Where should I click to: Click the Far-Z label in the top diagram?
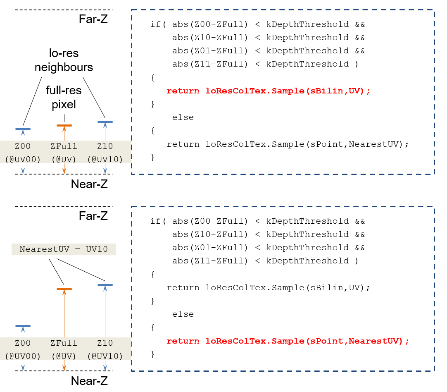pyautogui.click(x=93, y=19)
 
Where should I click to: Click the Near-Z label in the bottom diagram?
pyautogui.click(x=89, y=381)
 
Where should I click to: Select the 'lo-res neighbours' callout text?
pyautogui.click(x=64, y=60)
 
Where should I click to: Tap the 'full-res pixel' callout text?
pyautogui.click(x=64, y=97)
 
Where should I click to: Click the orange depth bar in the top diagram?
pyautogui.click(x=64, y=126)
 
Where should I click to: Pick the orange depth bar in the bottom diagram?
pyautogui.click(x=64, y=289)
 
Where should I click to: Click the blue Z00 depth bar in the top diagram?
pyautogui.click(x=23, y=129)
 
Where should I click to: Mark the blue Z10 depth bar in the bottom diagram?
pyautogui.click(x=105, y=285)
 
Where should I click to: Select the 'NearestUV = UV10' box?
pyautogui.click(x=64, y=249)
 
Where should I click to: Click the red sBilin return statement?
pyautogui.click(x=268, y=91)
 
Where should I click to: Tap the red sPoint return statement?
pyautogui.click(x=288, y=341)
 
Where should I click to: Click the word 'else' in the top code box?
pyautogui.click(x=183, y=117)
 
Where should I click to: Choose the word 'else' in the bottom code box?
pyautogui.click(x=183, y=314)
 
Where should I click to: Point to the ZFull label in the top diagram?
pyautogui.click(x=64, y=146)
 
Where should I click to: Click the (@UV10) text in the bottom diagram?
pyautogui.click(x=105, y=356)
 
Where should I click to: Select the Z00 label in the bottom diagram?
pyautogui.click(x=23, y=343)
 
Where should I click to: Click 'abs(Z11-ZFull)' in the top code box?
pyautogui.click(x=210, y=64)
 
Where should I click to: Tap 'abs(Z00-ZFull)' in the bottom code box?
pyautogui.click(x=210, y=221)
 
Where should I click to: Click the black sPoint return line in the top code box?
pyautogui.click(x=288, y=144)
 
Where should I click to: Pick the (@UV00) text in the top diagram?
pyautogui.click(x=23, y=160)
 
